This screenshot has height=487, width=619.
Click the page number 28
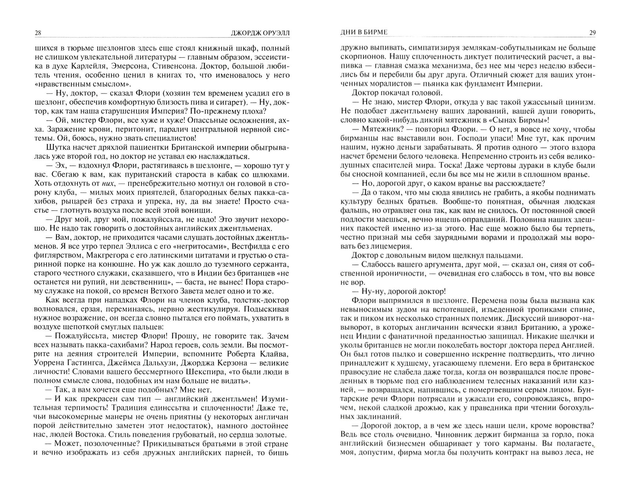click(x=38, y=33)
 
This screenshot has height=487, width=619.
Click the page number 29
click(x=592, y=33)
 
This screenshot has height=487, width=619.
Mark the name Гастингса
click(x=76, y=363)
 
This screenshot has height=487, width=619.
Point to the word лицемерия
click(x=393, y=246)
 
